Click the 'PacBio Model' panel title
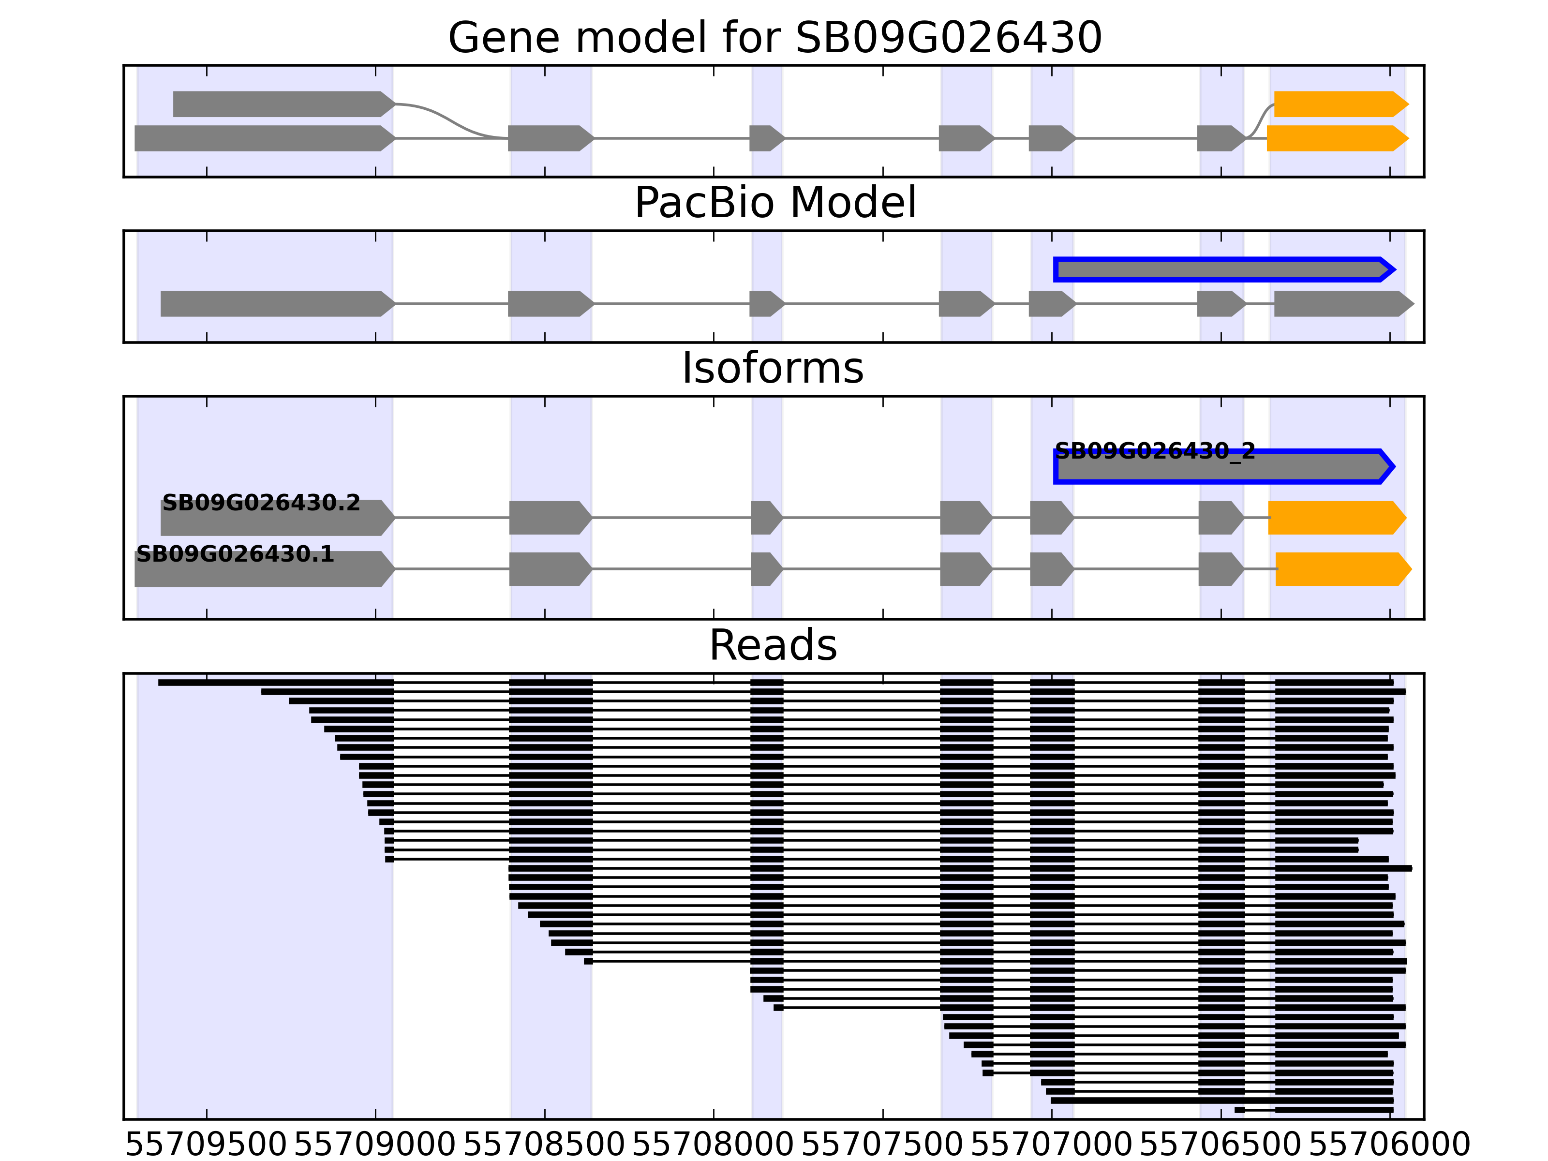(774, 203)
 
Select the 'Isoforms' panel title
(773, 368)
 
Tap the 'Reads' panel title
(773, 645)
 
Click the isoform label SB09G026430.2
(261, 503)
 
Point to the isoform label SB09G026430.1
(235, 554)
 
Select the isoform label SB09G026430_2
(1155, 451)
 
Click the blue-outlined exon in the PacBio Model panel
(1223, 269)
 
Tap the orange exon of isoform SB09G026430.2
(1335, 518)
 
